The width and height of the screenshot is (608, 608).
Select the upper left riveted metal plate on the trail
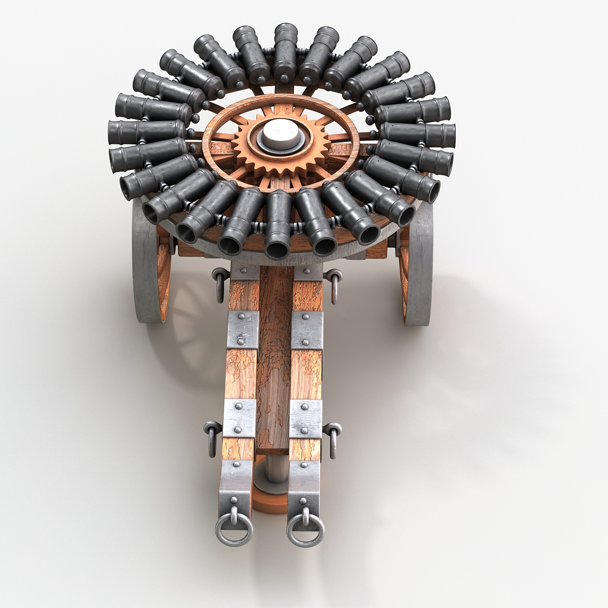coord(242,329)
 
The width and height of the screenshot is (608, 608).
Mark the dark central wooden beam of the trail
coord(274,355)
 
